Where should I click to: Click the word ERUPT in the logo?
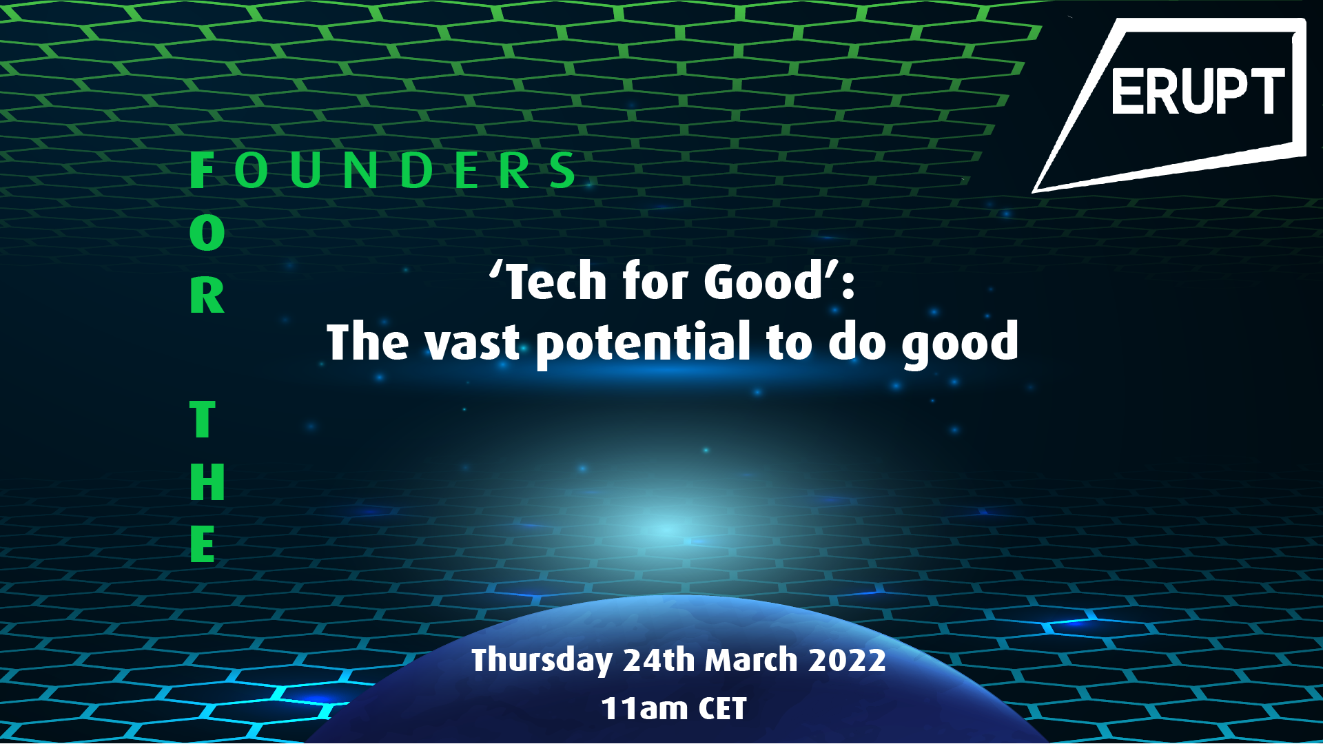tap(1198, 92)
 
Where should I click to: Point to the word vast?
tap(472, 342)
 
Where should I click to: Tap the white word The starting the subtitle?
tap(368, 341)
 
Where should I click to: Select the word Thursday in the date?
tap(542, 660)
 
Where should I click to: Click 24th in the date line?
tap(659, 659)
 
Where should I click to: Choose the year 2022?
tap(847, 659)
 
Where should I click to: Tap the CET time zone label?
tap(722, 708)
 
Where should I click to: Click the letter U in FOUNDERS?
tap(305, 170)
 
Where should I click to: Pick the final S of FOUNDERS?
tap(563, 170)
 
